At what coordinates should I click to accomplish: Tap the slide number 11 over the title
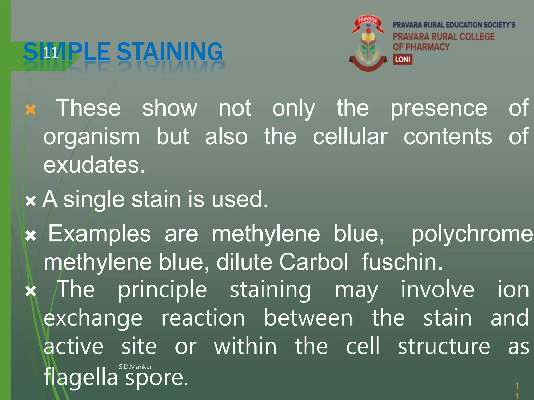click(x=50, y=53)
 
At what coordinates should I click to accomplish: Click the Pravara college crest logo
click(x=368, y=43)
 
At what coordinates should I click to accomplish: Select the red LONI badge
click(x=403, y=59)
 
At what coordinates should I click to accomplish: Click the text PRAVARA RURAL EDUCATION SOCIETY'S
click(x=454, y=25)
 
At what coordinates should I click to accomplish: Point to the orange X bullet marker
click(x=31, y=110)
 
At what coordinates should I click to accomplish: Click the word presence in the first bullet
click(x=439, y=108)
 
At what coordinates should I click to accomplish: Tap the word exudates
click(x=94, y=165)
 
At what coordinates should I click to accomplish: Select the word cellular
click(x=350, y=137)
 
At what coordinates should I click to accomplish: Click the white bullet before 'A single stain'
click(x=31, y=201)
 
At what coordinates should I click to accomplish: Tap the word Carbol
click(x=313, y=262)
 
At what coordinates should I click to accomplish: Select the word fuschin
click(x=402, y=262)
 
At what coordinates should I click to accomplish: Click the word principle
click(x=162, y=290)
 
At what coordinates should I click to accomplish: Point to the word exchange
click(x=93, y=319)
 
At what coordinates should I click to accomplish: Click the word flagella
click(x=81, y=377)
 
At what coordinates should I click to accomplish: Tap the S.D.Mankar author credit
click(x=135, y=367)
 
